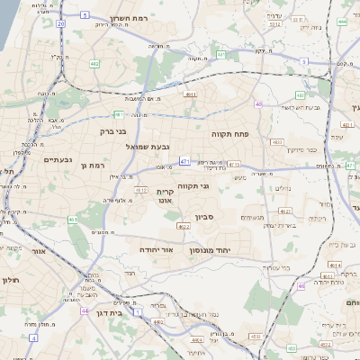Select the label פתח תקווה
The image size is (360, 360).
click(x=229, y=133)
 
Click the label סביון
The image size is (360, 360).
click(x=204, y=217)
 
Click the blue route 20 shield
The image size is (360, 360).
click(x=60, y=24)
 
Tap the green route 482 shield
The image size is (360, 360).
click(x=95, y=64)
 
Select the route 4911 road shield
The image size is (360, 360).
click(x=190, y=93)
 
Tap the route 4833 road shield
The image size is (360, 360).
click(x=276, y=141)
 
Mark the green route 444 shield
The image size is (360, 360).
click(x=341, y=20)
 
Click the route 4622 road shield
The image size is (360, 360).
click(x=184, y=227)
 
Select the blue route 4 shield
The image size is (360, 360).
click(x=33, y=337)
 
